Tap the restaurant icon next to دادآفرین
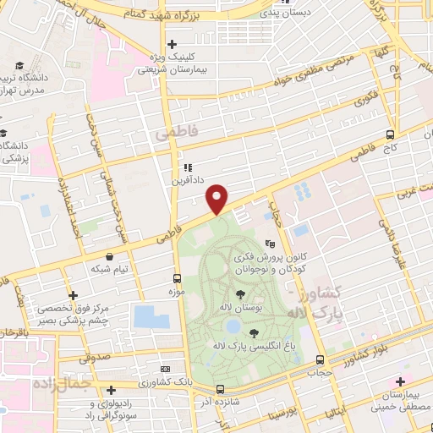(189, 167)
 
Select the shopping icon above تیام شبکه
(109, 256)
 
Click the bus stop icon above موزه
(178, 278)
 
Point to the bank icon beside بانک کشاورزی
(165, 369)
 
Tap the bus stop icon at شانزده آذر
(220, 389)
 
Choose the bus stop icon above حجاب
(319, 359)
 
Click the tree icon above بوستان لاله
(241, 294)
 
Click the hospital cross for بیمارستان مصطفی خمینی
(400, 382)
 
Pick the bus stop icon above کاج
(390, 134)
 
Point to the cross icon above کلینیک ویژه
(172, 44)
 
